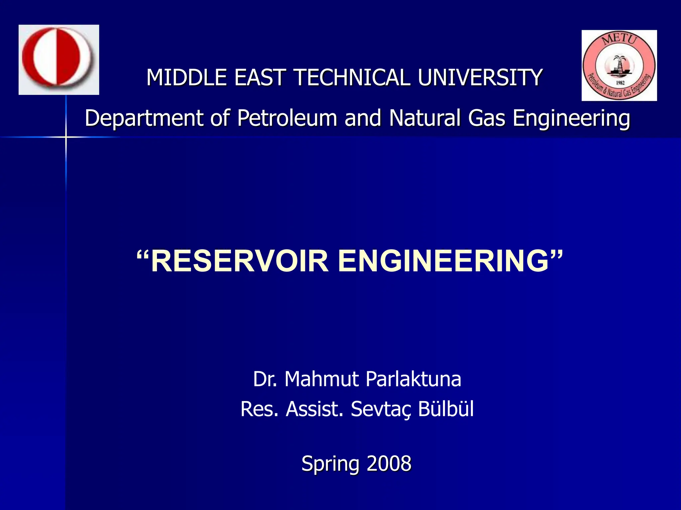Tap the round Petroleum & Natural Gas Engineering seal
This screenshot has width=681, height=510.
pos(619,65)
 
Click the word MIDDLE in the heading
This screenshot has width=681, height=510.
pos(187,77)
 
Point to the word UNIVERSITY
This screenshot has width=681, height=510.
pos(480,77)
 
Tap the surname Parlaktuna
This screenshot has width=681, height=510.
pos(413,379)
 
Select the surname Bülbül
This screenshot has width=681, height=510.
pos(446,409)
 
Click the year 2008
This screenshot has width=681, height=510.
pos(389,464)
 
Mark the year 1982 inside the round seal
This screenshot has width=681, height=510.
pos(620,83)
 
